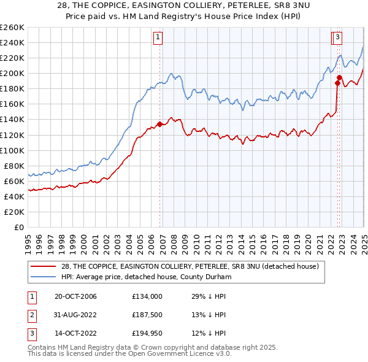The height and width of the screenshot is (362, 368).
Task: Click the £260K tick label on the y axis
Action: click(12, 28)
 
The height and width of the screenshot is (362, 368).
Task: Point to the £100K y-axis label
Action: click(12, 150)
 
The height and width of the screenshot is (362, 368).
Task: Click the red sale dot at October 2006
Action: click(159, 124)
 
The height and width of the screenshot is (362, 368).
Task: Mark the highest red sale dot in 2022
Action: click(339, 77)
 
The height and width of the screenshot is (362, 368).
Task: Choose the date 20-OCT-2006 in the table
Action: click(75, 296)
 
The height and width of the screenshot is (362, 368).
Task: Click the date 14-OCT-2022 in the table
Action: click(75, 334)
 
